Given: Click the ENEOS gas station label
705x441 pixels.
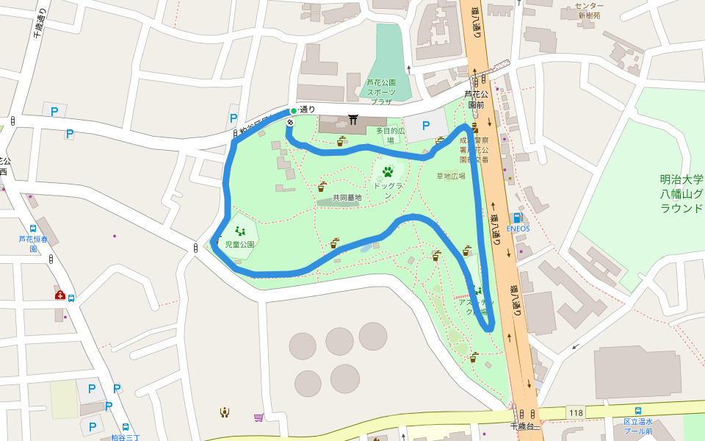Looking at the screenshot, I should (518, 229).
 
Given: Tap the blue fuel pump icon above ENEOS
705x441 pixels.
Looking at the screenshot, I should (518, 218).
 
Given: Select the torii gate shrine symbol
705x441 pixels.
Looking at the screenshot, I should (353, 119).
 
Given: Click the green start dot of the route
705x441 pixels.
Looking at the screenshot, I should (293, 111).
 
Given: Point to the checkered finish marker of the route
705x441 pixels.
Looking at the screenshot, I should (290, 122).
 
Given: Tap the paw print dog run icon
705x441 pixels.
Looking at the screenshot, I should (387, 172).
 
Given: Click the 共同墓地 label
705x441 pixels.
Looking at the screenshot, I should (347, 198).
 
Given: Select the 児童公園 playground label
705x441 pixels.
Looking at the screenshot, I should (239, 244).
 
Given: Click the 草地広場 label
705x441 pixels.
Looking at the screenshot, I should (451, 176).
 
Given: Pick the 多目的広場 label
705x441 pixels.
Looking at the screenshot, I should (390, 135).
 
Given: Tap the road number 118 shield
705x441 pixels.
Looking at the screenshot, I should (576, 412).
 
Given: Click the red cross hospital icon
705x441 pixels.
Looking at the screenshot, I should (60, 295).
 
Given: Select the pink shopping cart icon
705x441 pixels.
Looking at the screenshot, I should (258, 417).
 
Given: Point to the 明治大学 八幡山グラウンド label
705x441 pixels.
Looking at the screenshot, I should (681, 193).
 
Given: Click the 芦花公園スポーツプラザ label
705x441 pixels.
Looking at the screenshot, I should (381, 92).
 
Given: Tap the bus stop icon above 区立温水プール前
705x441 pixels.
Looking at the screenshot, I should (637, 411).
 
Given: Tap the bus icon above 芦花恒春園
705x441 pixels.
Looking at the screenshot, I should (33, 229).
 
